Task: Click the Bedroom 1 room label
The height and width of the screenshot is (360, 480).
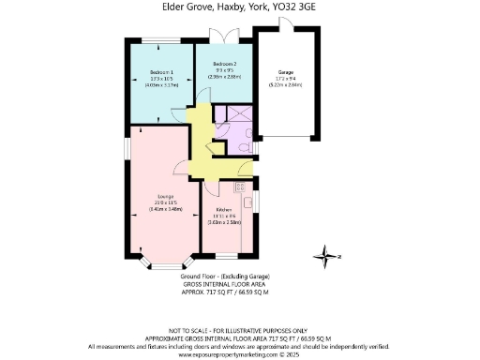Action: [159, 73]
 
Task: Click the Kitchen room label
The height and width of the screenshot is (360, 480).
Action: [224, 209]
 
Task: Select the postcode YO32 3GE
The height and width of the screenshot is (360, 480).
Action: [294, 7]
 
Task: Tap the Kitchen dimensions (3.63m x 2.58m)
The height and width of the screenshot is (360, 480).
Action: [224, 222]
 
